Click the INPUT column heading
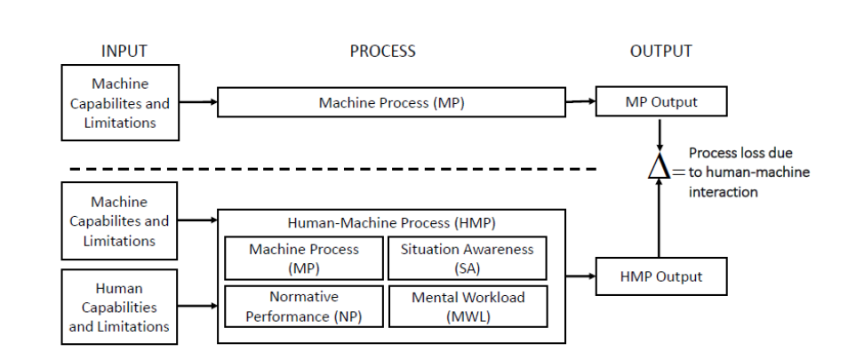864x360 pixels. coord(124,52)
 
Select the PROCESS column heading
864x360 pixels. coord(382,52)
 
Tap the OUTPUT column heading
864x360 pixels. coord(660,52)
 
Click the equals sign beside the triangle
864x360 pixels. coord(679,172)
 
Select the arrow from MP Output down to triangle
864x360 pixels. coord(659,134)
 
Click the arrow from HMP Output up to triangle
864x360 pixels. coord(659,219)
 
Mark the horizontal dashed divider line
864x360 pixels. coord(333,169)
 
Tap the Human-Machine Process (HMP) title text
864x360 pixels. coord(391,223)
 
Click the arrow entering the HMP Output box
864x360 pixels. coord(580,276)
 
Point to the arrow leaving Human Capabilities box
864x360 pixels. coord(197,306)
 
